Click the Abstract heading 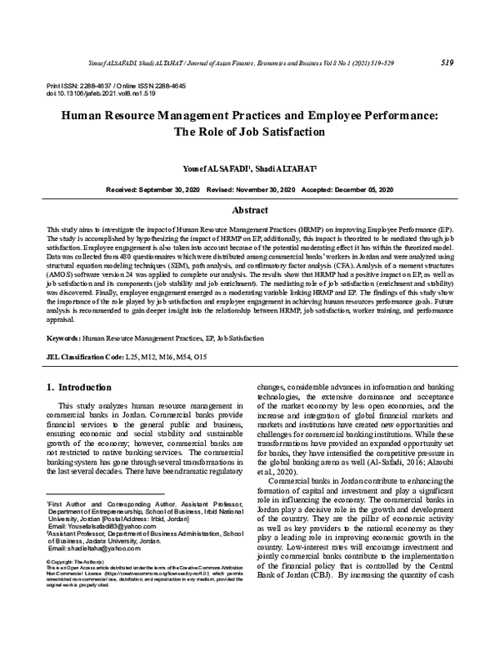coord(249,211)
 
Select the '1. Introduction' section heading coord(78,387)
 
